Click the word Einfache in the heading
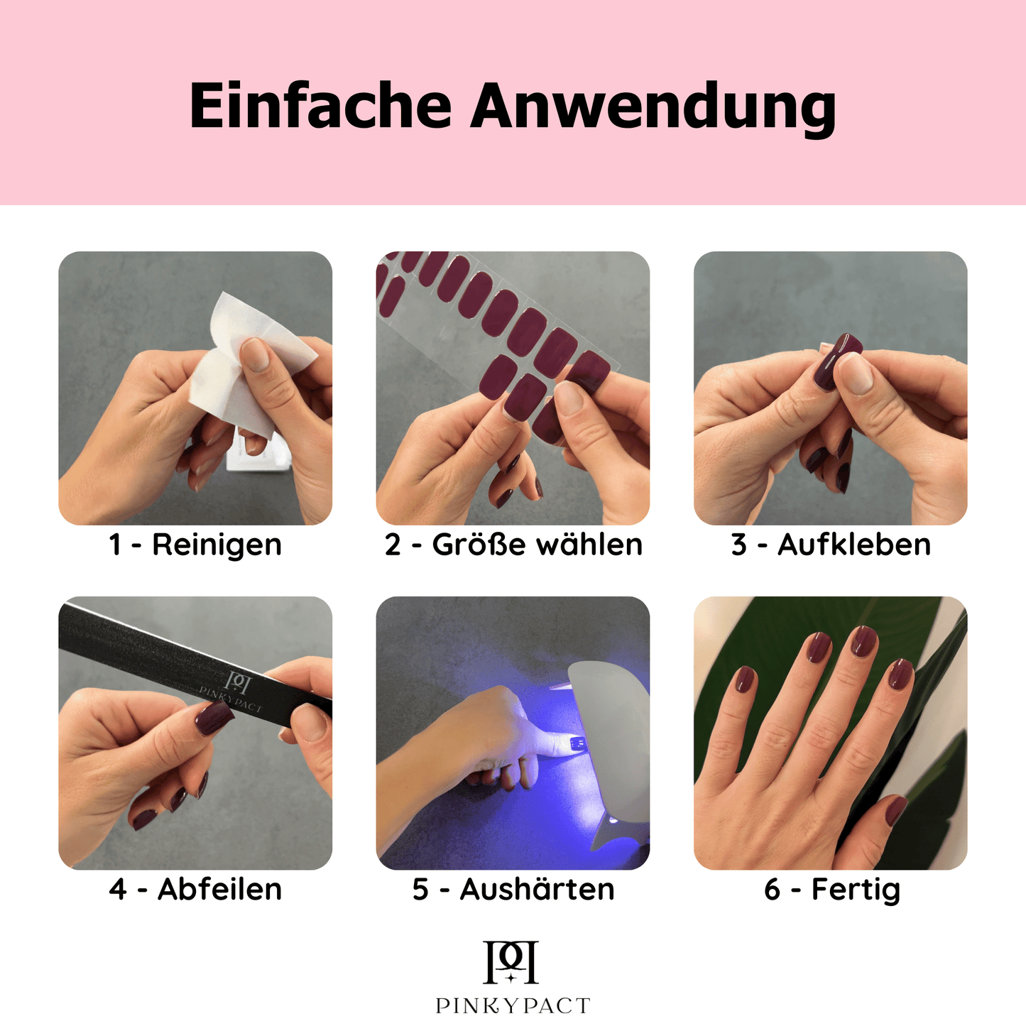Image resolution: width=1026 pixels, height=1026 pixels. point(320,105)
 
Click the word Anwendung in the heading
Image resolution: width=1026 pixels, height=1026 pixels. point(653,109)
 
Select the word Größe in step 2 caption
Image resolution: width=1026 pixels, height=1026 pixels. point(479,545)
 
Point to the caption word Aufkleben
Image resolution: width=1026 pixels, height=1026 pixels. point(854,544)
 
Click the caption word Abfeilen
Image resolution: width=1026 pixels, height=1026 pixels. point(219,890)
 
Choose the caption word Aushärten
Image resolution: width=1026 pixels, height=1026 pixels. point(537,890)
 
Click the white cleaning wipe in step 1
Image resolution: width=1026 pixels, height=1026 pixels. point(250,367)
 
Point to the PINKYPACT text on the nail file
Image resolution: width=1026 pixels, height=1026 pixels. point(231,699)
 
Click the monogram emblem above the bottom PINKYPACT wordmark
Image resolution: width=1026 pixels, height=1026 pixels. point(511,963)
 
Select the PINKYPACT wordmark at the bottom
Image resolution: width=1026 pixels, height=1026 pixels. point(513,1006)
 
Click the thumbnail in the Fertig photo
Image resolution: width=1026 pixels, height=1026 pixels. point(895,812)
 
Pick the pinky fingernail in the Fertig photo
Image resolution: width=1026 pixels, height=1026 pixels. point(744,680)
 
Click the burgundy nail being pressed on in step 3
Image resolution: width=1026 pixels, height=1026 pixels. point(837,361)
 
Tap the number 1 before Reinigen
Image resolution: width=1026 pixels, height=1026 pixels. point(115,545)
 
